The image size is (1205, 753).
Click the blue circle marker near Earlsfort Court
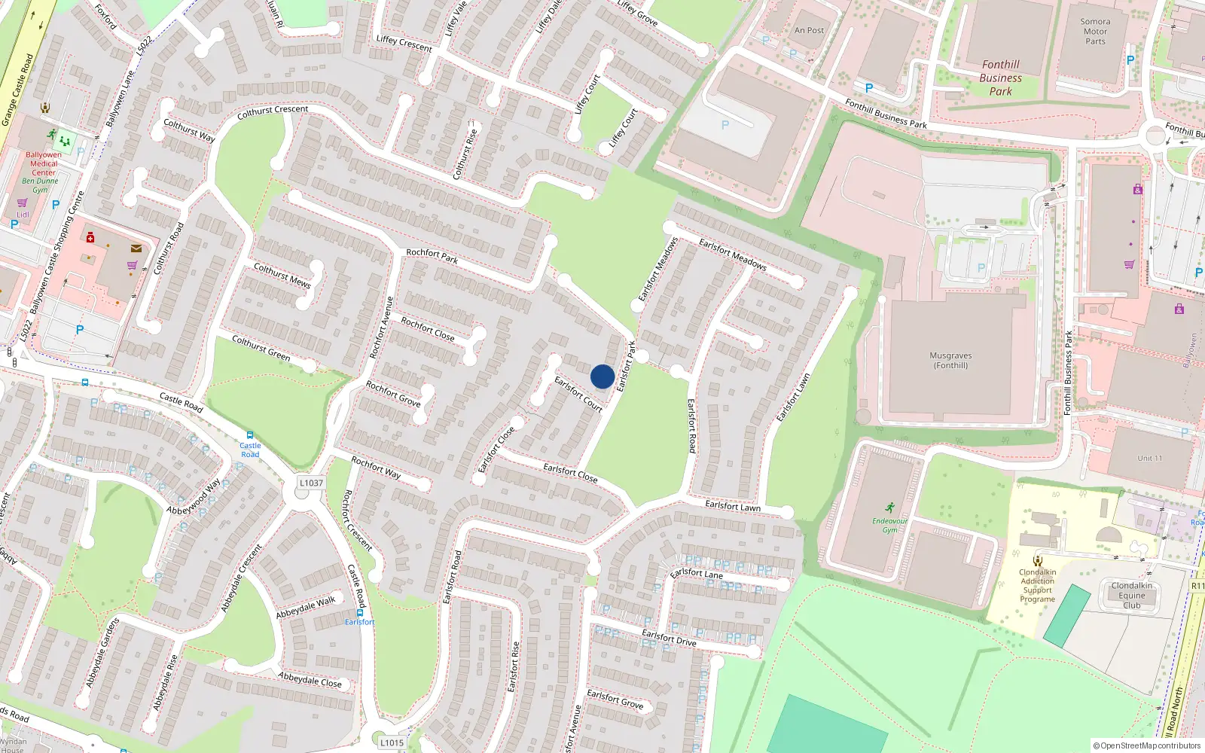pos(602,376)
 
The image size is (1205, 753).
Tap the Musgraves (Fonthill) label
pos(950,360)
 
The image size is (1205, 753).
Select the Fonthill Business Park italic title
pos(1000,78)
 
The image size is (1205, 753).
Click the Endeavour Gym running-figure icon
pos(890,508)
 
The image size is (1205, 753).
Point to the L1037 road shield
pos(311,483)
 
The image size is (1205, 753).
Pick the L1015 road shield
pos(392,742)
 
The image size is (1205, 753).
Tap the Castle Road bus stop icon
pos(250,435)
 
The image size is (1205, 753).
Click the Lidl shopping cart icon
pos(23,203)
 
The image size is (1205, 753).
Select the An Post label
pos(810,30)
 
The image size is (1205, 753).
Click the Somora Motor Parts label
pos(1095,32)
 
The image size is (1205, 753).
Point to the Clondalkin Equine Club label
pos(1131,595)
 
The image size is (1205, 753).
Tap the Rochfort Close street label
pos(428,329)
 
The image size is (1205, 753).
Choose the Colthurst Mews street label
pos(282,275)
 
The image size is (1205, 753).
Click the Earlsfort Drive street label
pos(669,638)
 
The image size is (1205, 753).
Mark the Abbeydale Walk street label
pos(306,607)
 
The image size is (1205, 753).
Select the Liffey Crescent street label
pos(404,44)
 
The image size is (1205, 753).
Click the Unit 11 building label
pos(1150,458)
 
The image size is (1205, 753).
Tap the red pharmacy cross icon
pos(90,238)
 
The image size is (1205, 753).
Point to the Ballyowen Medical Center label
pos(44,163)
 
